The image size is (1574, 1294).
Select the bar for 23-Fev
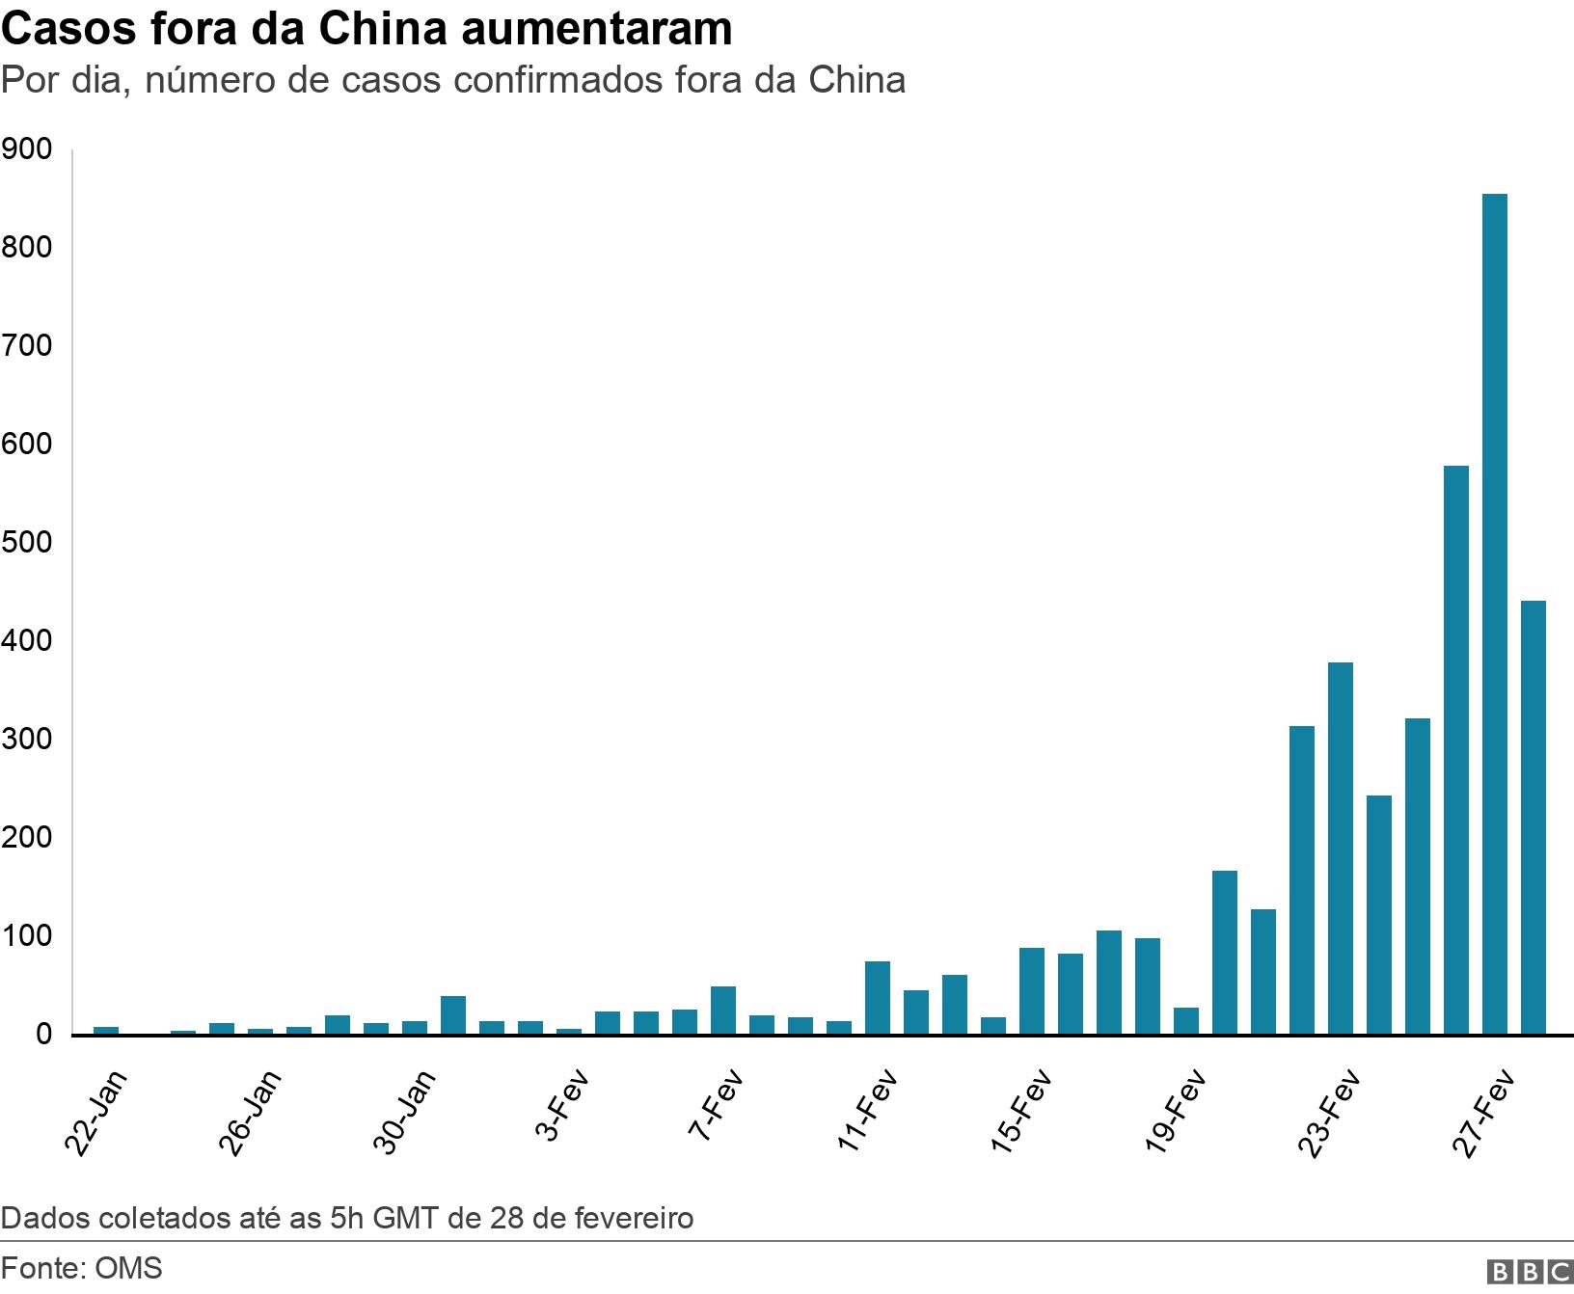(x=1340, y=849)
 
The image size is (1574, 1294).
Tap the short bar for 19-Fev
(x=1185, y=1021)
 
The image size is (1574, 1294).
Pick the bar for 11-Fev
(x=877, y=998)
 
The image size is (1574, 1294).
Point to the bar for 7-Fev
(x=722, y=1011)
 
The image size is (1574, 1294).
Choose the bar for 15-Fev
(x=1031, y=991)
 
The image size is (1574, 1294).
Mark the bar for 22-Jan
(x=105, y=1031)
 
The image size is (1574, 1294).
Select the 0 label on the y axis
(x=44, y=1035)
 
